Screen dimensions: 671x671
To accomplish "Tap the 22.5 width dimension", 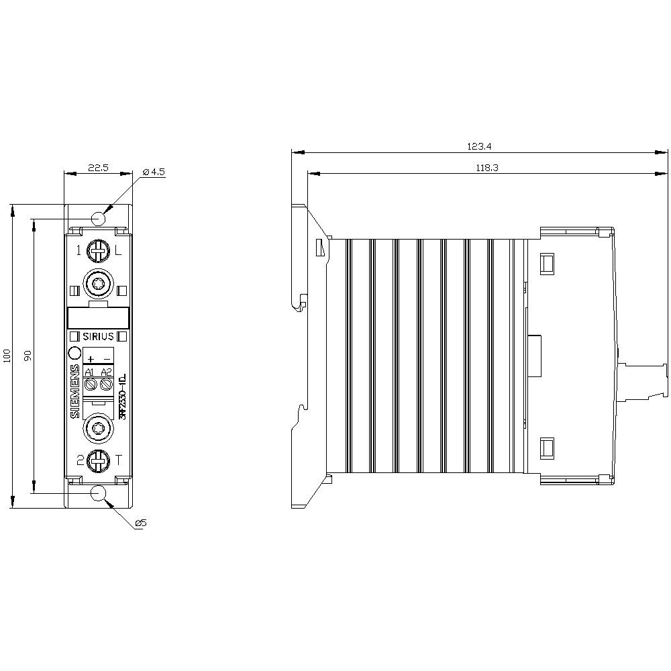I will pyautogui.click(x=99, y=168).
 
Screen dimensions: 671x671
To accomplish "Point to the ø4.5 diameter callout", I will pyautogui.click(x=154, y=172).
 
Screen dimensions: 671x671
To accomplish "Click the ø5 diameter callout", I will pyautogui.click(x=140, y=523).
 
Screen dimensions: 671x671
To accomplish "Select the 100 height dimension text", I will pyautogui.click(x=7, y=356).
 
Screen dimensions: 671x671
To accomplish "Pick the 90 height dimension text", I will pyautogui.click(x=28, y=356).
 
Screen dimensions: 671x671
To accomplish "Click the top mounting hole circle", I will pyautogui.click(x=99, y=218).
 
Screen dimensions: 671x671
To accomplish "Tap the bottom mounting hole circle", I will pyautogui.click(x=99, y=493).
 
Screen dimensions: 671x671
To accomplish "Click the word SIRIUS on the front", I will pyautogui.click(x=99, y=336).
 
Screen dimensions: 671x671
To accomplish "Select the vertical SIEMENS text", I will pyautogui.click(x=74, y=392).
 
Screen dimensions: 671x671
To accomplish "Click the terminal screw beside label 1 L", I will pyautogui.click(x=99, y=252).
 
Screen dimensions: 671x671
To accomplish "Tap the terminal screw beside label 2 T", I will pyautogui.click(x=99, y=460).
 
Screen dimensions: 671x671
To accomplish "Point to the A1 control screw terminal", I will pyautogui.click(x=91, y=384).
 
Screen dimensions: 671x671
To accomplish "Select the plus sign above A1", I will pyautogui.click(x=91, y=359).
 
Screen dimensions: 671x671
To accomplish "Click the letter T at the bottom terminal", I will pyautogui.click(x=119, y=460).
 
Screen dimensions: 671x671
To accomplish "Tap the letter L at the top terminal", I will pyautogui.click(x=118, y=252).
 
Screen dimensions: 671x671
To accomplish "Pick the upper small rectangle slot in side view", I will pyautogui.click(x=547, y=263).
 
